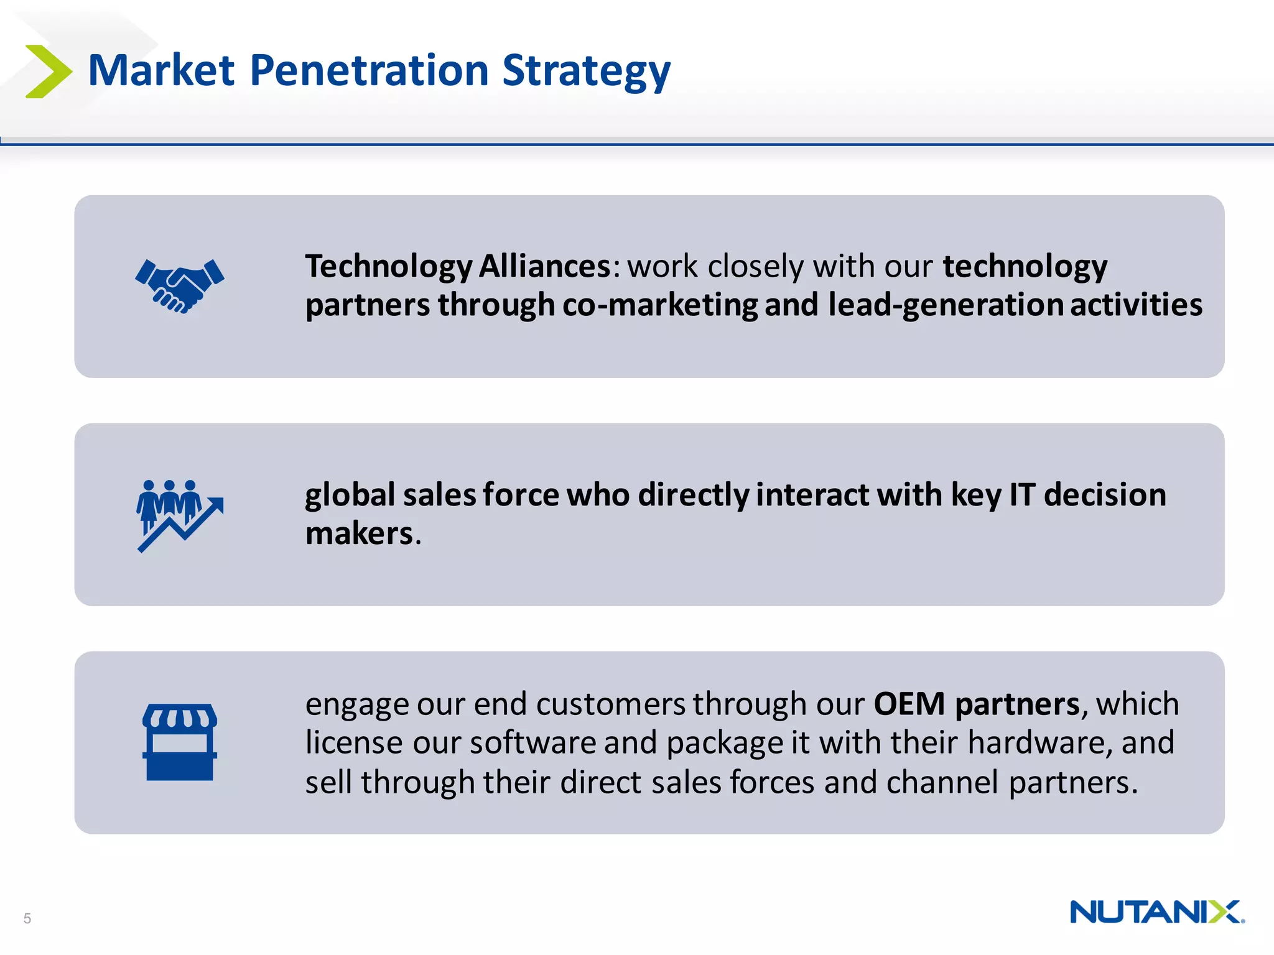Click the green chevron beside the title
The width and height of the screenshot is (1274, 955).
click(49, 72)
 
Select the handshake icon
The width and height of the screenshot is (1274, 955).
click(180, 285)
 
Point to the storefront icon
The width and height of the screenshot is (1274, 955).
click(180, 742)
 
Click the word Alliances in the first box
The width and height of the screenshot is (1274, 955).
click(545, 267)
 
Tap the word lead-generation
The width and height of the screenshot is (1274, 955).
click(945, 305)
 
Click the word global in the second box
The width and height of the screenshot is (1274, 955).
click(350, 496)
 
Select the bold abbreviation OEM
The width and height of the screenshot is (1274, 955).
click(909, 704)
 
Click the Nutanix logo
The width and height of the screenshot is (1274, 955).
click(1156, 912)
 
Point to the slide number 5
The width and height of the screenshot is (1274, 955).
click(27, 918)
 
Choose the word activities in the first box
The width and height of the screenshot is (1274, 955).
click(1136, 305)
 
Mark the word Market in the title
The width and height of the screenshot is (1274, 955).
click(161, 70)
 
